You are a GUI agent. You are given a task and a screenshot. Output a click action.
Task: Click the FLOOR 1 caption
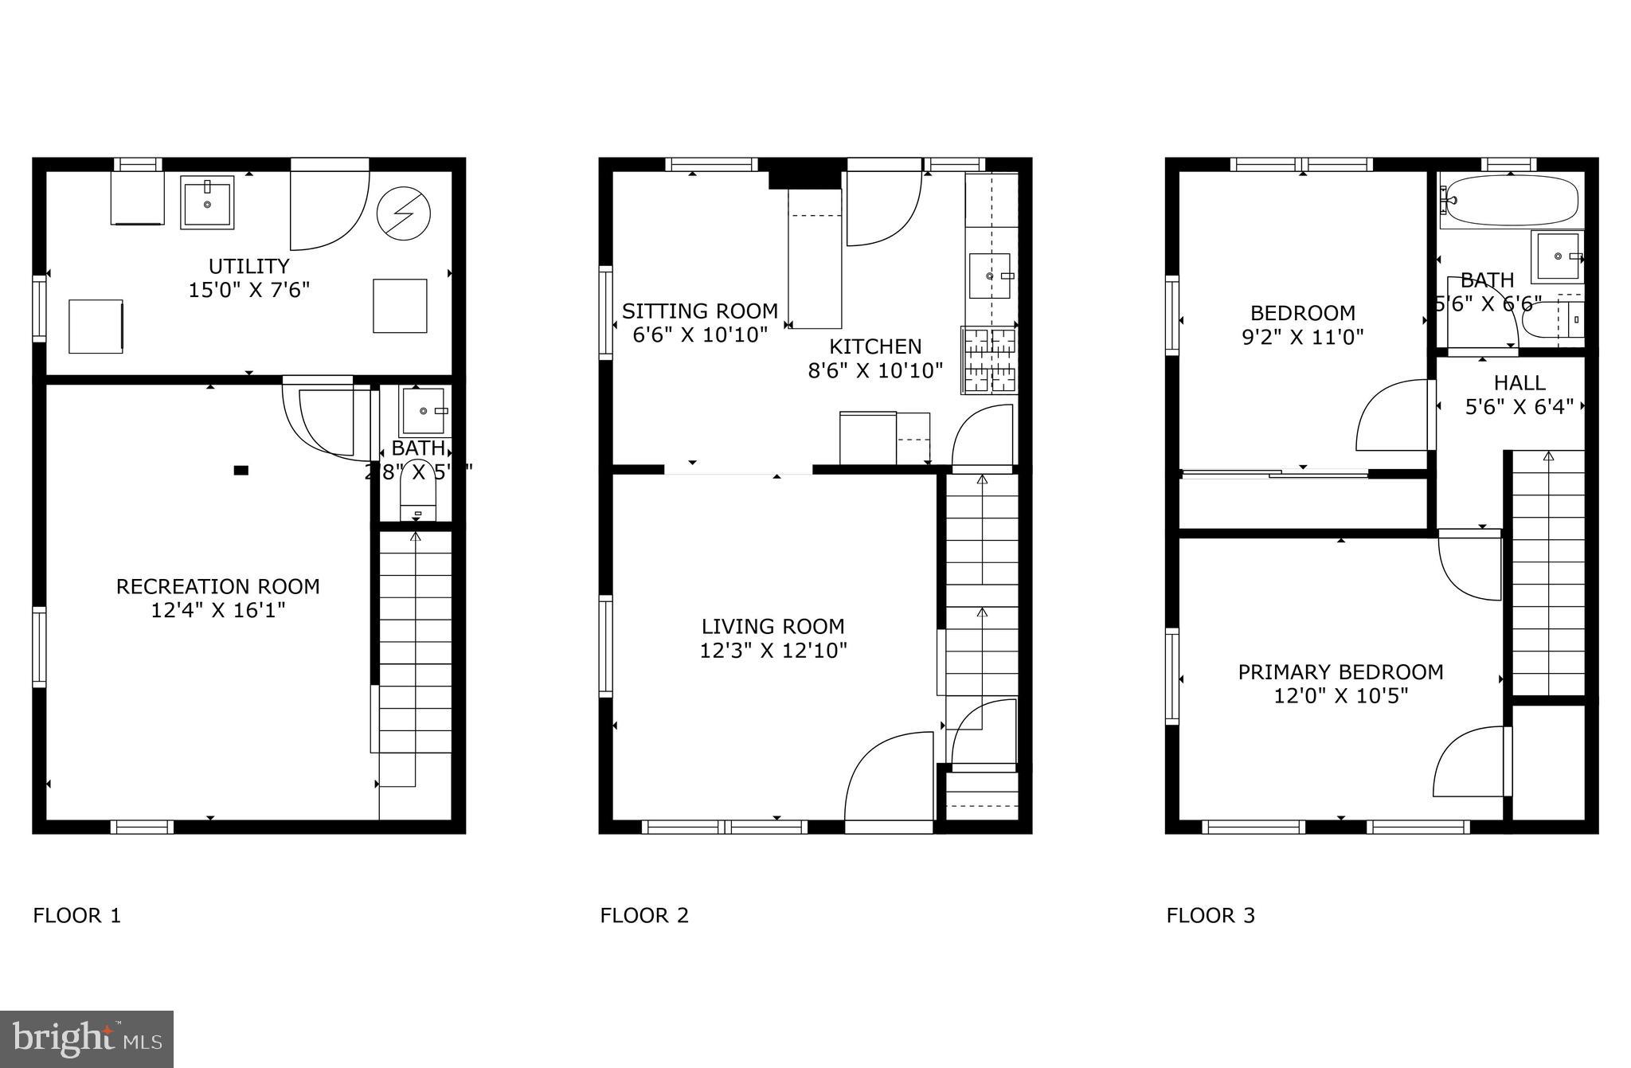pos(76,916)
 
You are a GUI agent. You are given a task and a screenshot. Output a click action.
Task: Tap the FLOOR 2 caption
pos(643,916)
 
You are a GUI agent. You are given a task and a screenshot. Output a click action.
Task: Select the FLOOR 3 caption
pos(1210,916)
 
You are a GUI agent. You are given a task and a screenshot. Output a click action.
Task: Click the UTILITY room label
pos(248,266)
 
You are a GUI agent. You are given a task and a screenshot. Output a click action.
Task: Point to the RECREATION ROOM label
pos(217,587)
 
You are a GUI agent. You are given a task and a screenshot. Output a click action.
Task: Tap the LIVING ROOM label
pos(772,627)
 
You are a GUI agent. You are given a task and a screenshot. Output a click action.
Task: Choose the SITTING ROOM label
pos(699,311)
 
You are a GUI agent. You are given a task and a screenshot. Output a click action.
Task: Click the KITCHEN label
pos(875,346)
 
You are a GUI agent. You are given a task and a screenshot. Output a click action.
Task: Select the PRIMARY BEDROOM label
pos(1340,672)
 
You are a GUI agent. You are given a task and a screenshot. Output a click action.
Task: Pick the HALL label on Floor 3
pos(1520,383)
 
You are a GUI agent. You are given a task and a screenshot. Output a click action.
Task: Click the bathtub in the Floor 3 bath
pos(1512,200)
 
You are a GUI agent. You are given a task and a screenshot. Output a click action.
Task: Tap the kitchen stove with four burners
pos(990,360)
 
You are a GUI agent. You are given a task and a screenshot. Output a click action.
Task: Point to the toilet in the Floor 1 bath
pos(418,490)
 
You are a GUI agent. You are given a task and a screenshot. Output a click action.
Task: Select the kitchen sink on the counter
pos(990,276)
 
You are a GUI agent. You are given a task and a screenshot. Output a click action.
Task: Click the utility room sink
pos(207,202)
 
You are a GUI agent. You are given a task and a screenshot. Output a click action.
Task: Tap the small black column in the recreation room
pos(241,471)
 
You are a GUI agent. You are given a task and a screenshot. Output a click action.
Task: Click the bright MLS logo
pos(87,1039)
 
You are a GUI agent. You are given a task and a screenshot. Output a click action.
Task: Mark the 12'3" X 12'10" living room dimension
pos(772,651)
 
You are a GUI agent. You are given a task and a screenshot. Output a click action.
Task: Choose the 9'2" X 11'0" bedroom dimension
pos(1302,337)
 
